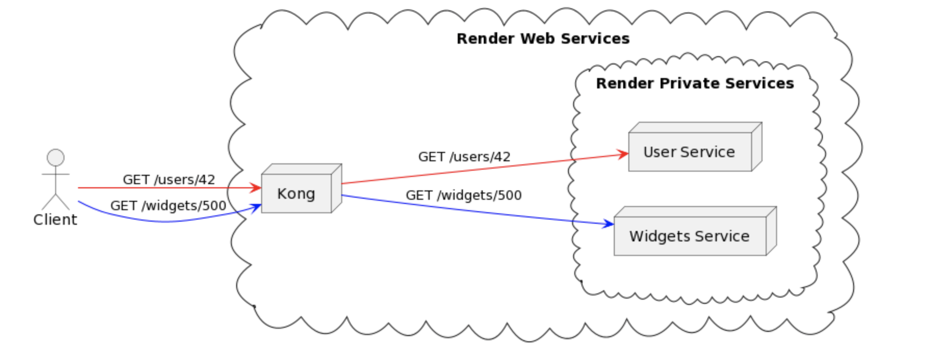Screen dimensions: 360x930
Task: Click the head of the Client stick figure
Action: pos(56,157)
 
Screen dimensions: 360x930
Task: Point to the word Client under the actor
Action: pos(55,220)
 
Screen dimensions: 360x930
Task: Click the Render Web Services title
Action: pos(543,38)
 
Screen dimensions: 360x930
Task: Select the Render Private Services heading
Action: pos(695,83)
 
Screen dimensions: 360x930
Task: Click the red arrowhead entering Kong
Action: pos(256,188)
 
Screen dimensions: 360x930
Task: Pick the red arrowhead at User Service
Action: pos(623,154)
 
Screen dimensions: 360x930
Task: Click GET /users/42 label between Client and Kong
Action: pos(169,179)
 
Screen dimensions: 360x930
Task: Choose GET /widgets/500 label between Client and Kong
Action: pos(168,206)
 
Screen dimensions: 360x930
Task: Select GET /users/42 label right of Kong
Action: pos(464,157)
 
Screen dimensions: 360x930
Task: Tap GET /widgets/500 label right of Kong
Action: pos(463,196)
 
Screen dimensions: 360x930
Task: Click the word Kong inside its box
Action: pos(296,194)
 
